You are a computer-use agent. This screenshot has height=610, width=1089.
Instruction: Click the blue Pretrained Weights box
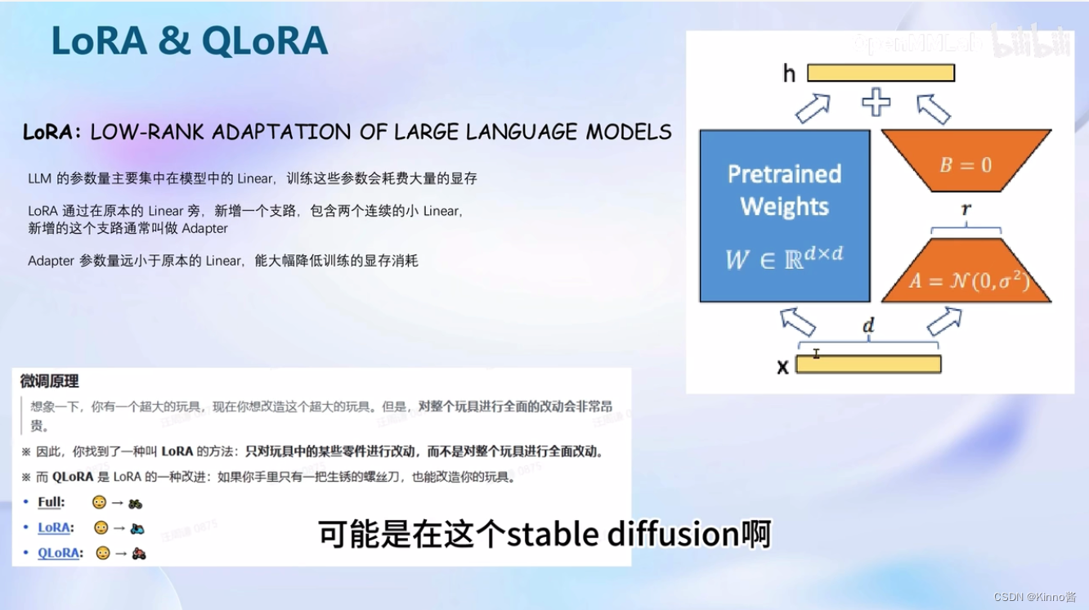point(784,216)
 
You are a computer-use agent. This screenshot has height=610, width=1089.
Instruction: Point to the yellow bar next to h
point(881,73)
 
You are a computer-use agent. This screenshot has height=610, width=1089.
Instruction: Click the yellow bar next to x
point(867,364)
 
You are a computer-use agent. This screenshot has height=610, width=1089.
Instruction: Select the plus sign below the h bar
point(876,104)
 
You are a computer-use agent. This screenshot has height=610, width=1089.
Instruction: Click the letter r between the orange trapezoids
point(966,210)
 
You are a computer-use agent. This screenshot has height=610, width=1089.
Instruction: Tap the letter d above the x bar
point(868,326)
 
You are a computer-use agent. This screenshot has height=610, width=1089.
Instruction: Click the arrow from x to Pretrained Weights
point(798,321)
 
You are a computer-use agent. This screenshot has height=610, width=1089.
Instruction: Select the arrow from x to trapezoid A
point(944,321)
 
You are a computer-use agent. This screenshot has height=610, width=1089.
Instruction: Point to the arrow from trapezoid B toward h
point(933,108)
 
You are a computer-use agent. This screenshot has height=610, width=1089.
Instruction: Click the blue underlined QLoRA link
point(59,553)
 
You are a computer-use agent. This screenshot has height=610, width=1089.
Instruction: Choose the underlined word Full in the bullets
point(51,502)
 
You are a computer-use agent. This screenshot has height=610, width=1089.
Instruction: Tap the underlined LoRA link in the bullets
point(54,527)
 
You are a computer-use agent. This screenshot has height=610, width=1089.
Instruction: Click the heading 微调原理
point(50,381)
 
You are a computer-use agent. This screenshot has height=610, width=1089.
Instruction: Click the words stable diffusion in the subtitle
point(622,535)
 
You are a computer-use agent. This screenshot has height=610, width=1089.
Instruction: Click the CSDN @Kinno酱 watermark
point(1034,598)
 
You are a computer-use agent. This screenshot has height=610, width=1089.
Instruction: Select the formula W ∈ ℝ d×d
point(784,258)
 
